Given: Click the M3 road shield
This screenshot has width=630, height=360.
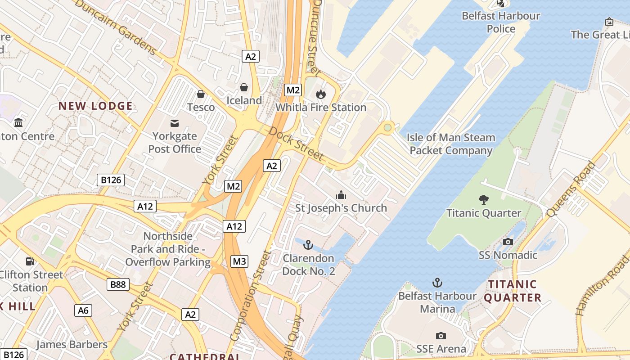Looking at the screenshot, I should click(240, 261).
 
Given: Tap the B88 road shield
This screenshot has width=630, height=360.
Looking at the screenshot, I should click(118, 284).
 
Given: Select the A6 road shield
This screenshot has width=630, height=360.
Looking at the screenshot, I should click(83, 310).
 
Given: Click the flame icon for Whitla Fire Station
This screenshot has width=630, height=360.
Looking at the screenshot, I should click(320, 94).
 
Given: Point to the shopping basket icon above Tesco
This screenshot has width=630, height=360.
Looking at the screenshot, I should click(201, 94).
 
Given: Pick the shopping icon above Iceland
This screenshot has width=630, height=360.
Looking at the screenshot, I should click(244, 87).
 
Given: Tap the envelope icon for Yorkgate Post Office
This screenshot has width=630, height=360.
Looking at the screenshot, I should click(175, 123).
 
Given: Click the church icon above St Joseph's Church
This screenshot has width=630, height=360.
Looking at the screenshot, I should click(341, 195).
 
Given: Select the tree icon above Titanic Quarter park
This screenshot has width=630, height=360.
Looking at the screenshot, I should click(484, 199).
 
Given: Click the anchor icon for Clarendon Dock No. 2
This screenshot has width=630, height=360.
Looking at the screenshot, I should click(308, 245).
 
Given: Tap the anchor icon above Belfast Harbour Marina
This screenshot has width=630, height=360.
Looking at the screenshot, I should click(437, 283).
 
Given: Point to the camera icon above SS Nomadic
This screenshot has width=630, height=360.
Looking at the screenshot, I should click(508, 242).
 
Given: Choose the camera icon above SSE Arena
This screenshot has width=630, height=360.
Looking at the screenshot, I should click(441, 336).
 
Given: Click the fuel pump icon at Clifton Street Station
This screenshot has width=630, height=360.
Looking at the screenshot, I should click(30, 261).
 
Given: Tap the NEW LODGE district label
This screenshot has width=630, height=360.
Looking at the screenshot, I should click(95, 106).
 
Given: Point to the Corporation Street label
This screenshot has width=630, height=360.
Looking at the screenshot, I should click(251, 295).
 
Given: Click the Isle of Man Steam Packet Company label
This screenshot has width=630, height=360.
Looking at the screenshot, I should click(451, 144).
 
